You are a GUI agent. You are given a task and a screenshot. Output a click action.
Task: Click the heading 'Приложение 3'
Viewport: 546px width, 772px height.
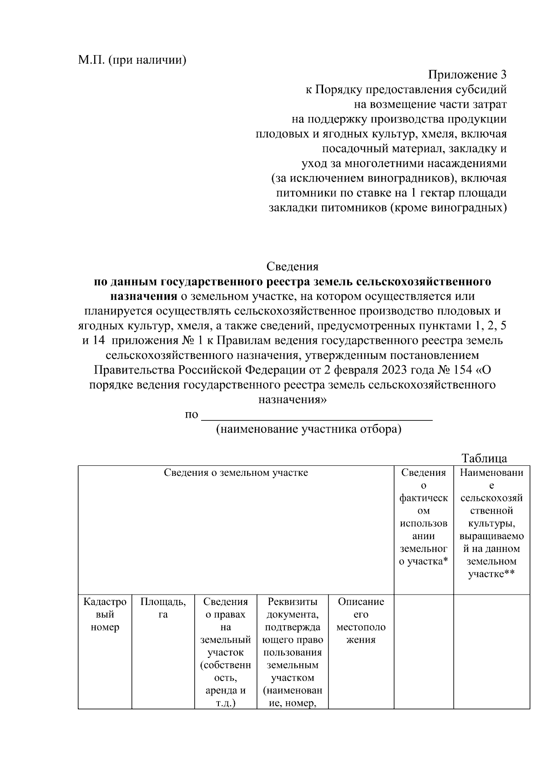(467, 75)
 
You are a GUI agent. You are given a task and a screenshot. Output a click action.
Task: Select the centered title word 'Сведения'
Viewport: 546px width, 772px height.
(292, 267)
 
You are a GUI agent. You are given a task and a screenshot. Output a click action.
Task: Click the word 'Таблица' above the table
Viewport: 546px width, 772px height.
(484, 458)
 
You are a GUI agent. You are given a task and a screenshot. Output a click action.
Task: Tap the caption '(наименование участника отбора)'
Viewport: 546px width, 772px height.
(308, 429)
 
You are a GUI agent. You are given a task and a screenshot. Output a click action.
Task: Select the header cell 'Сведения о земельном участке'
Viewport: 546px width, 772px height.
(236, 473)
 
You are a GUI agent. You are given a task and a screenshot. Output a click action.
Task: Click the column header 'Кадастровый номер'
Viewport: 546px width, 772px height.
(105, 615)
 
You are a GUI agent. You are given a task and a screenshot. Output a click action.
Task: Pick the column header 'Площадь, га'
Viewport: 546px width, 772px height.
(163, 608)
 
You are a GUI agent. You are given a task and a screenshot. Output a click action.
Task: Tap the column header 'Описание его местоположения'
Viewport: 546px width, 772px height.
(361, 621)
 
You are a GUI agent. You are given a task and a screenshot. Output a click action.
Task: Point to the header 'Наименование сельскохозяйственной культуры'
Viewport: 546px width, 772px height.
(491, 523)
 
